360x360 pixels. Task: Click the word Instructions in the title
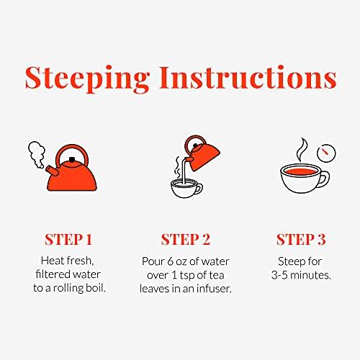pos(248,77)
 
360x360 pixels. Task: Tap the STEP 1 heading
pos(68,240)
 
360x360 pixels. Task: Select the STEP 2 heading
pos(186,240)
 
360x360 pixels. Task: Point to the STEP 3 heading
pos(301,240)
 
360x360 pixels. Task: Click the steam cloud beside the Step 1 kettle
pos(37,153)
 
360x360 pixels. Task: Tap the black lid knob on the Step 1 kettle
pos(72,160)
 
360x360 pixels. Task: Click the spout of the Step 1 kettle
pos(51,171)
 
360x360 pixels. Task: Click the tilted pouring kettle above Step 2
pos(203,153)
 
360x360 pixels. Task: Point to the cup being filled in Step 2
pos(186,189)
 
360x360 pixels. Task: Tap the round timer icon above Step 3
pos(326,153)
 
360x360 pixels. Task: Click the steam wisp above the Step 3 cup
pos(302,149)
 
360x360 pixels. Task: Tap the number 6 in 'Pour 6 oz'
pos(170,261)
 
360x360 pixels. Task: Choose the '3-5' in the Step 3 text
pos(279,275)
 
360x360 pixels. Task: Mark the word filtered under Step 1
pos(52,274)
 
